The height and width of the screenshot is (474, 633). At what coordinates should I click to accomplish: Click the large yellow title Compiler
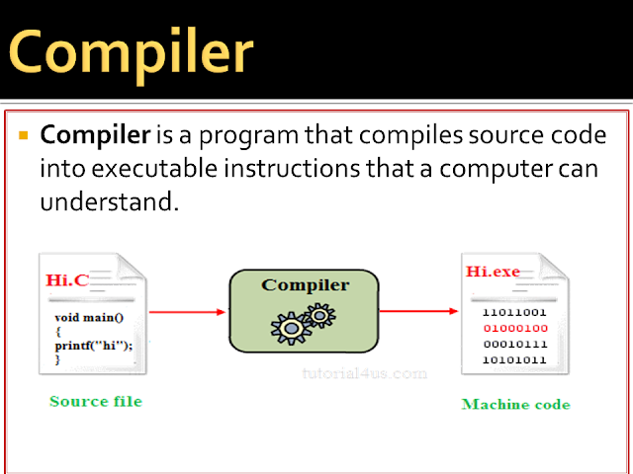pos(132,50)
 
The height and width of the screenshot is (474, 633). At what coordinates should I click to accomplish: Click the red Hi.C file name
pos(67,280)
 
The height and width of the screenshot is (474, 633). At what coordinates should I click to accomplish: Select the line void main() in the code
pos(89,319)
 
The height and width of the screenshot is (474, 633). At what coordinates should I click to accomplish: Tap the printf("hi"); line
pos(93,345)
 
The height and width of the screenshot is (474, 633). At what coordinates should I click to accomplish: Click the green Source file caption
pos(95,401)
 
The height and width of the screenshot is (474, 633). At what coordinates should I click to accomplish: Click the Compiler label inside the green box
pos(305,285)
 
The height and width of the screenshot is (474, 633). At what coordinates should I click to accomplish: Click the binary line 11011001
pos(513,312)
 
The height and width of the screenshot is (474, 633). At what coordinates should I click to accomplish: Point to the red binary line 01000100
pos(513,328)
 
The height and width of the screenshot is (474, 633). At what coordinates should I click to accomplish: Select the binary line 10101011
pos(513,358)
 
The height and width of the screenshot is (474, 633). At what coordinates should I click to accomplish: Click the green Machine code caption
pos(515,405)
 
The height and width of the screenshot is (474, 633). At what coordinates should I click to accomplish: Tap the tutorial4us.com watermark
pos(364,374)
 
